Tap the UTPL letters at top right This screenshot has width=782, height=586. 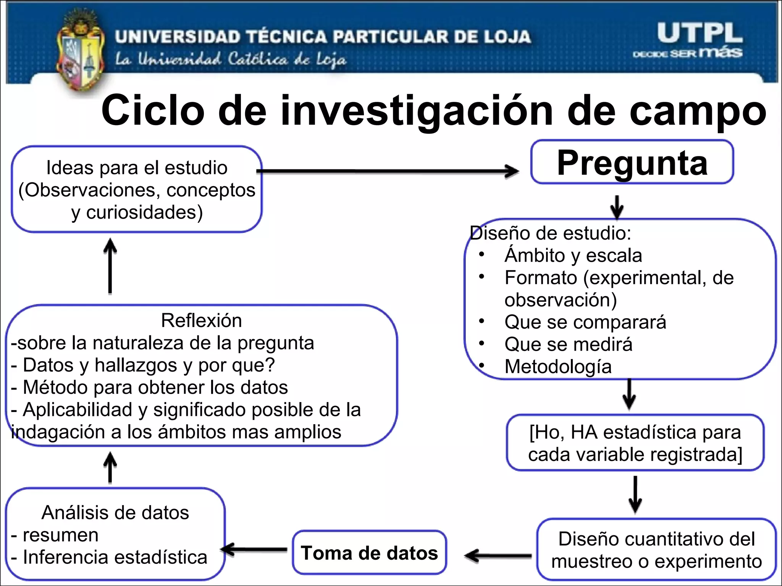pos(700,34)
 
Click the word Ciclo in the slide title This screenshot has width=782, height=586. pos(153,111)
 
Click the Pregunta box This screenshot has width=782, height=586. pos(632,163)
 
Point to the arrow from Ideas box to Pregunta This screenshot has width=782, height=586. pos(388,171)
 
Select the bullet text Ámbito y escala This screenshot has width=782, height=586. pos(573,255)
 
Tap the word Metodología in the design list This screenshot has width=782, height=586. pos(558,367)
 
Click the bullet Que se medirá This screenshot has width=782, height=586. pos(568,344)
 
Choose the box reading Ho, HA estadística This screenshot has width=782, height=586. pos(635,443)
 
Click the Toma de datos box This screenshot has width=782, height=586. pos(369,553)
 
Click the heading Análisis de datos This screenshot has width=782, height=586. pos(115,512)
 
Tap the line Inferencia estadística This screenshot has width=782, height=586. pos(115,557)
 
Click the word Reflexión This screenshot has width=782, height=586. pos(201,320)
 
